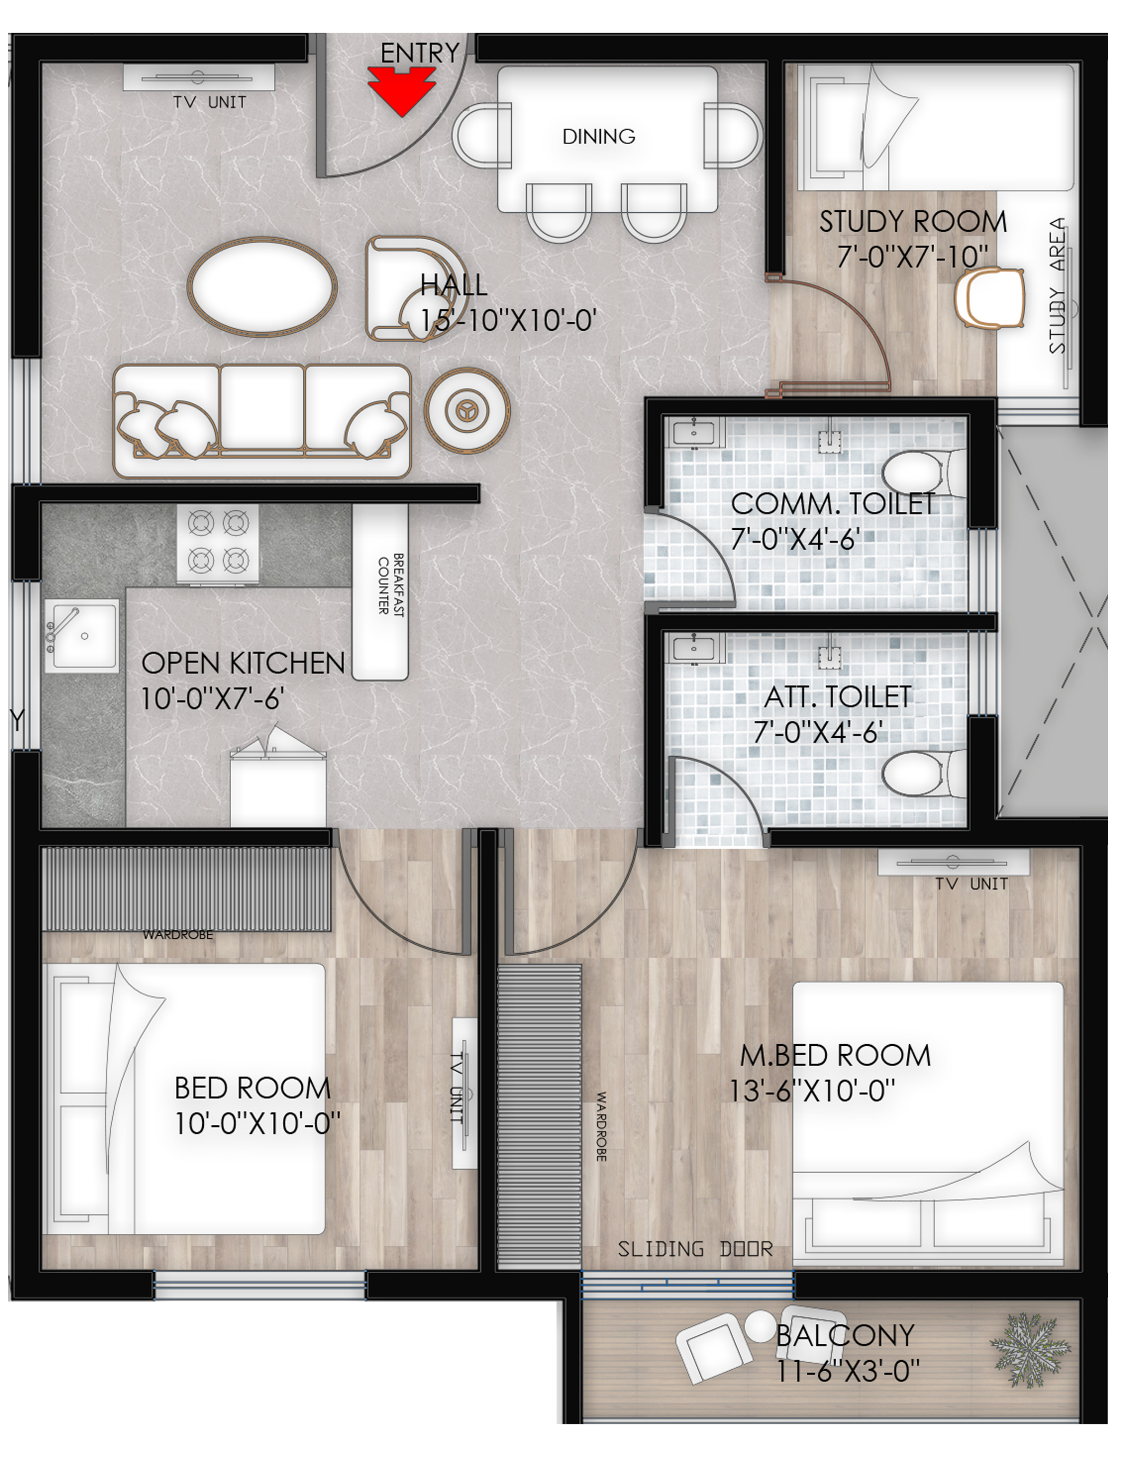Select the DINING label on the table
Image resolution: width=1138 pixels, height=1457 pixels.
pos(598,137)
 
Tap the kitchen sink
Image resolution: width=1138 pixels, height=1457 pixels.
pos(81,634)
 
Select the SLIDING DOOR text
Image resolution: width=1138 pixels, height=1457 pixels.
pos(695,1249)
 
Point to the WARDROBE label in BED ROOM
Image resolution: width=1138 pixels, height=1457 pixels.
pos(178,935)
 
